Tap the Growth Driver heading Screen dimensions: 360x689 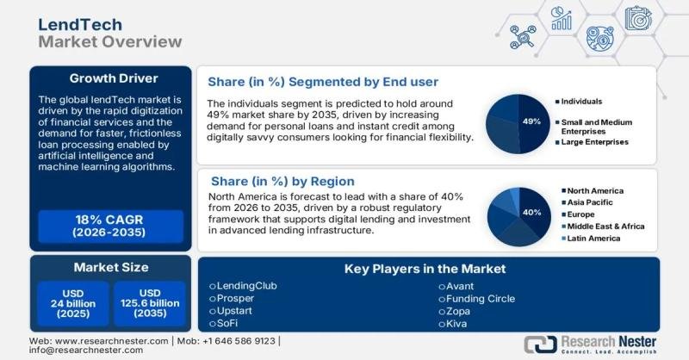111,78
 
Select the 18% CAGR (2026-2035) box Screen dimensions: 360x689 110,226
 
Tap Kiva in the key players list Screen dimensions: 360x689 457,324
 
